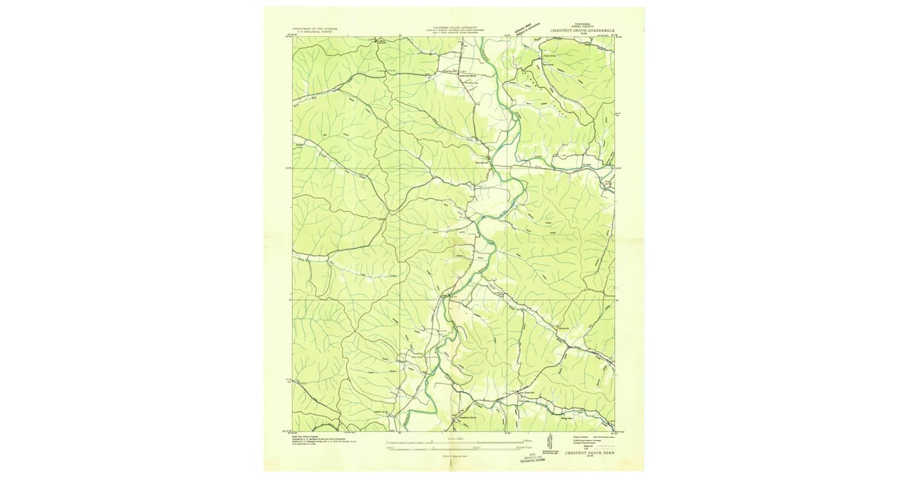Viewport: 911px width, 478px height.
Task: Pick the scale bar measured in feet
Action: pos(455,448)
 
